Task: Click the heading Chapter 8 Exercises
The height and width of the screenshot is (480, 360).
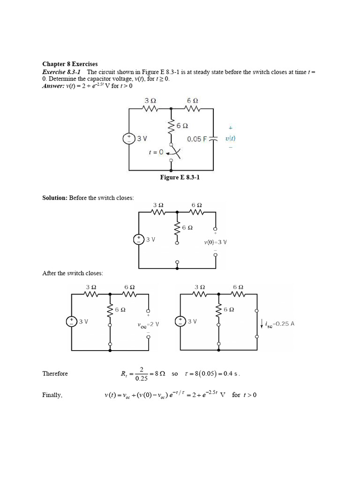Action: point(70,64)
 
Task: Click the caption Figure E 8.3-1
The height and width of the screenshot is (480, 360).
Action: point(180,178)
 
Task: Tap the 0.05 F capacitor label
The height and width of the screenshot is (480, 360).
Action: point(196,139)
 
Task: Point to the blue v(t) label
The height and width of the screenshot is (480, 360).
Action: point(230,139)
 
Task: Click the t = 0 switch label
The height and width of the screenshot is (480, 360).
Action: point(156,152)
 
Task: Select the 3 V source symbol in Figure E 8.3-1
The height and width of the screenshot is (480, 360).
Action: point(128,138)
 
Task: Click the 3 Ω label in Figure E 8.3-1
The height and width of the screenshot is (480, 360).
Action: point(150,101)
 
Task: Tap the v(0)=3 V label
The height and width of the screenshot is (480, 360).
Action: point(215,242)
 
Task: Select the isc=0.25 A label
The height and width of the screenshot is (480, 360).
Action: point(279,323)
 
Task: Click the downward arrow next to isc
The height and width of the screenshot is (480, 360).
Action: point(262,323)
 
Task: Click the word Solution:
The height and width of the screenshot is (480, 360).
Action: point(55,198)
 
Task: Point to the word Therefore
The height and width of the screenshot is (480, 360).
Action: point(55,374)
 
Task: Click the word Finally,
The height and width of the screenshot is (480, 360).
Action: point(52,395)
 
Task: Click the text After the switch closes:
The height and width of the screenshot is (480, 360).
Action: point(73,273)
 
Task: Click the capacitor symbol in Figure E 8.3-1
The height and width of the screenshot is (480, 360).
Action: point(213,139)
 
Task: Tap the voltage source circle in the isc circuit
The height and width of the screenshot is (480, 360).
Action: point(180,322)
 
